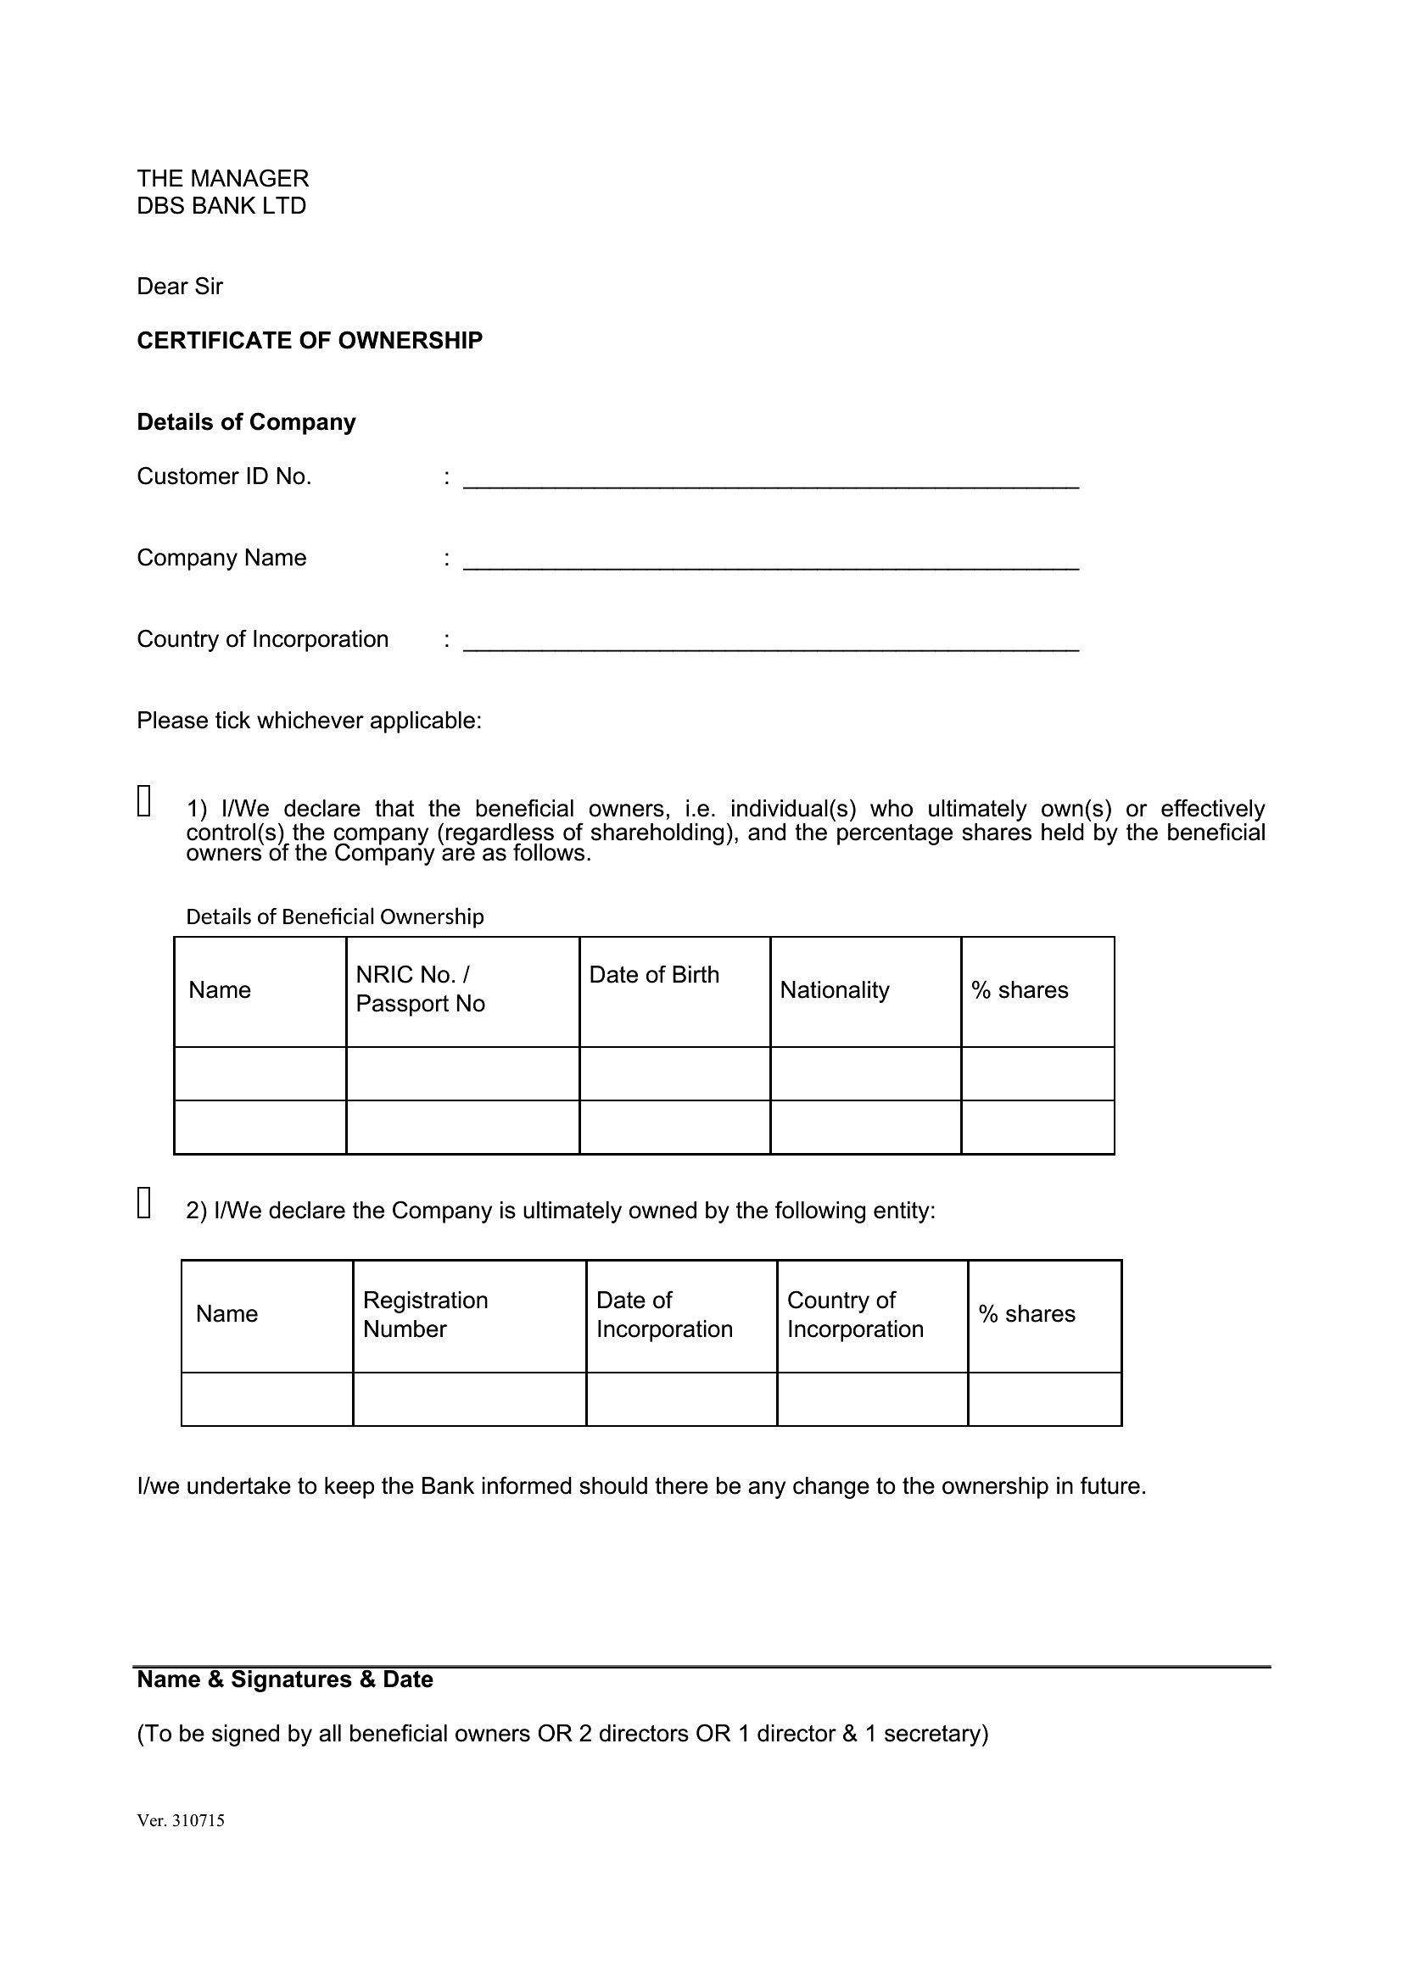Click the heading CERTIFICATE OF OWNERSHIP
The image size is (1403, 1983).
tap(310, 340)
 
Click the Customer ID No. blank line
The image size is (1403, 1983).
tap(770, 480)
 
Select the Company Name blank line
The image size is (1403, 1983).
tap(770, 561)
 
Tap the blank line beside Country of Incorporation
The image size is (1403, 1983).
tap(770, 643)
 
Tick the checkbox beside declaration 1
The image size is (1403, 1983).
tap(144, 799)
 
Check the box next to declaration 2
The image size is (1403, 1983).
tap(144, 1202)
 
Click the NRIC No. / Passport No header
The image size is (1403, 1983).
tap(420, 989)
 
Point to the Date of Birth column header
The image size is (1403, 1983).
tap(654, 975)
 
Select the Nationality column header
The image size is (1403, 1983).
tap(835, 989)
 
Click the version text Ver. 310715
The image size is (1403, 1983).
tap(181, 1820)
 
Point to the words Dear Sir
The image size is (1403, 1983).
tap(180, 286)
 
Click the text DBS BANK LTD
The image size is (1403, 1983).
tap(221, 205)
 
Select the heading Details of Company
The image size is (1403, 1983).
tap(246, 421)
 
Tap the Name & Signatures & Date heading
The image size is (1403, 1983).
tap(285, 1679)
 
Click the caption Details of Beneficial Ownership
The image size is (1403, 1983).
tap(335, 916)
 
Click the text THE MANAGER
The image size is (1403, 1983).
tap(223, 178)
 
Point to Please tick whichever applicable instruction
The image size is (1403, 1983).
tap(310, 721)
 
